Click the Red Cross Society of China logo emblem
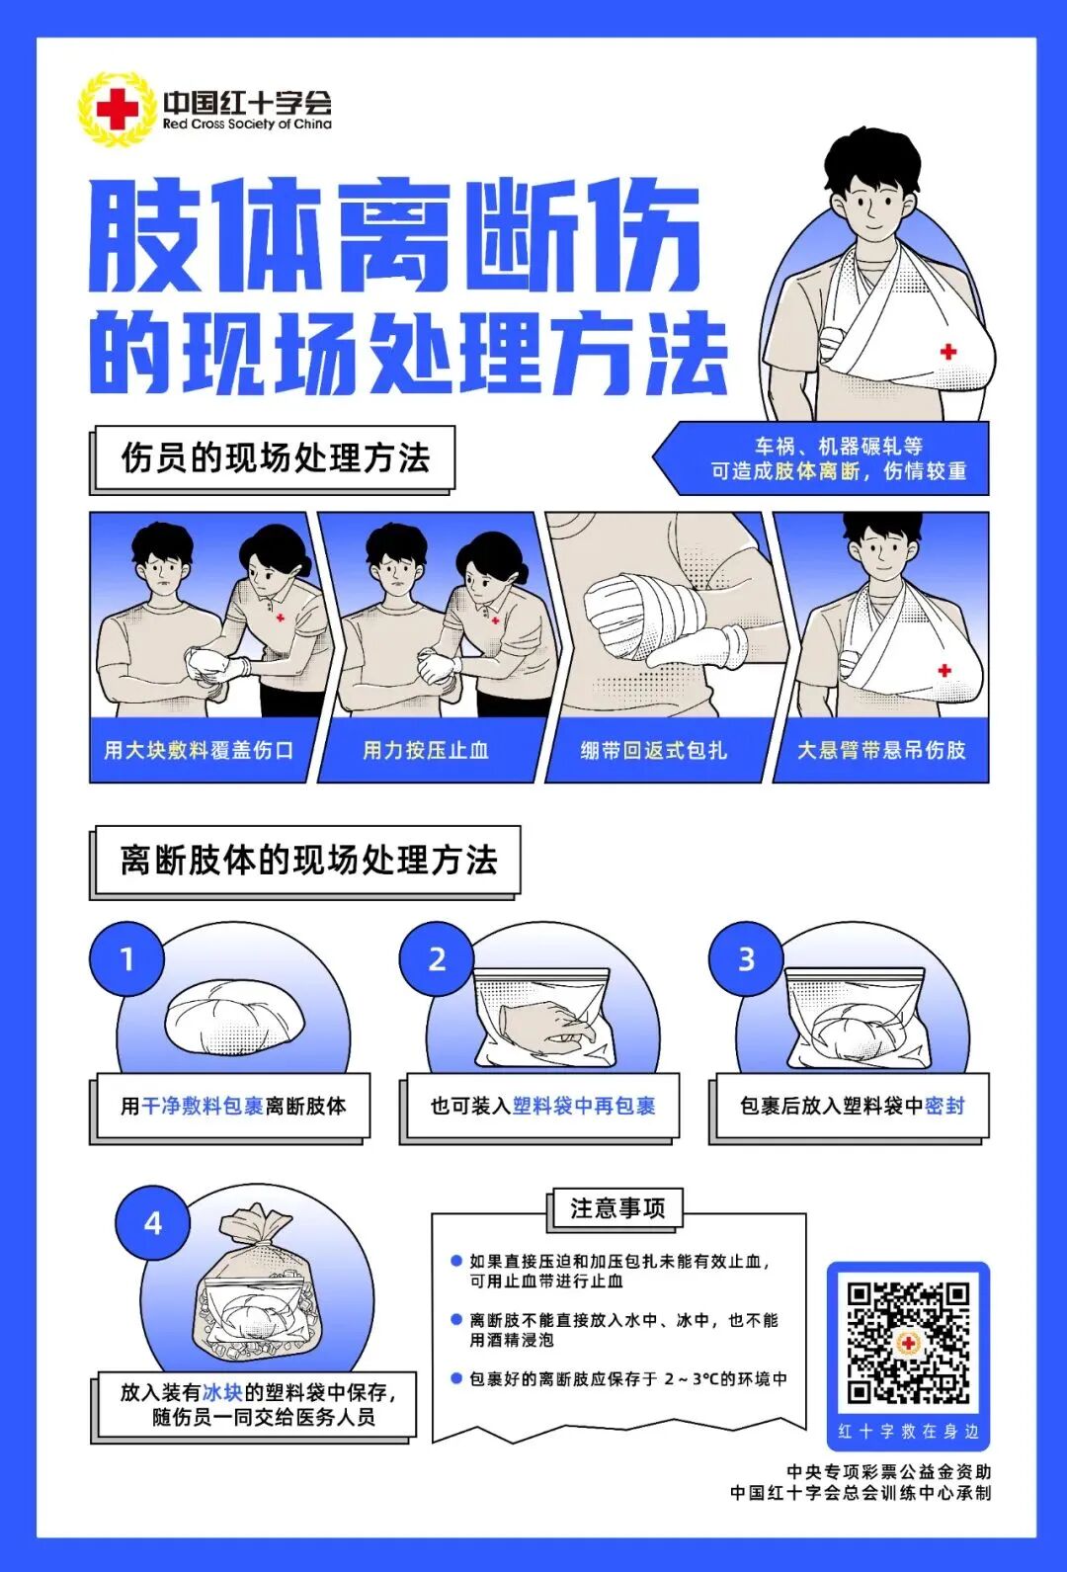tap(117, 109)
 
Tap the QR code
tap(907, 1342)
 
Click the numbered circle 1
tap(126, 958)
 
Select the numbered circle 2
tap(437, 958)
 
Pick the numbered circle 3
tap(746, 958)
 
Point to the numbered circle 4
tap(152, 1223)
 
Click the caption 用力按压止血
tap(426, 750)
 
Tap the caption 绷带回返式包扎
tap(653, 750)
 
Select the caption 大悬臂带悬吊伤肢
tap(881, 750)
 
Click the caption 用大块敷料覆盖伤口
tap(199, 750)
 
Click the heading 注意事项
tap(617, 1208)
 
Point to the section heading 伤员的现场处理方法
tap(275, 458)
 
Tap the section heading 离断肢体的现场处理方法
tap(308, 860)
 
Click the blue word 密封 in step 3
tap(944, 1106)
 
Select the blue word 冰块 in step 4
tap(222, 1392)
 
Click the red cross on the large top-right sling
tap(948, 351)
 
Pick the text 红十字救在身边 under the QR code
tap(908, 1431)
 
